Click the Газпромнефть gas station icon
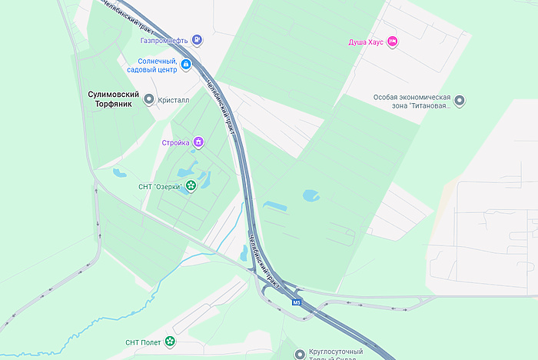(198, 40)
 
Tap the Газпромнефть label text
(165, 40)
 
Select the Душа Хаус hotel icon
(392, 41)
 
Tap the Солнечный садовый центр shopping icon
(186, 68)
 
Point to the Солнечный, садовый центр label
(158, 65)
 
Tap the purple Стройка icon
(198, 142)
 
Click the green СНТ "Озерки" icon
(190, 185)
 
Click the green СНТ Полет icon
(170, 342)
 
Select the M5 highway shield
(297, 302)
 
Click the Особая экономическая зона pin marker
(460, 101)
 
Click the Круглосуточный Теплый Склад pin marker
(300, 354)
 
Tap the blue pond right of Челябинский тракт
(311, 195)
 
